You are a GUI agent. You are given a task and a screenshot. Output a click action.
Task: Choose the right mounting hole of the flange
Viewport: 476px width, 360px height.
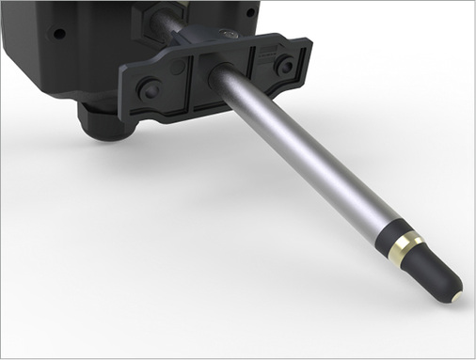pos(283,64)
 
